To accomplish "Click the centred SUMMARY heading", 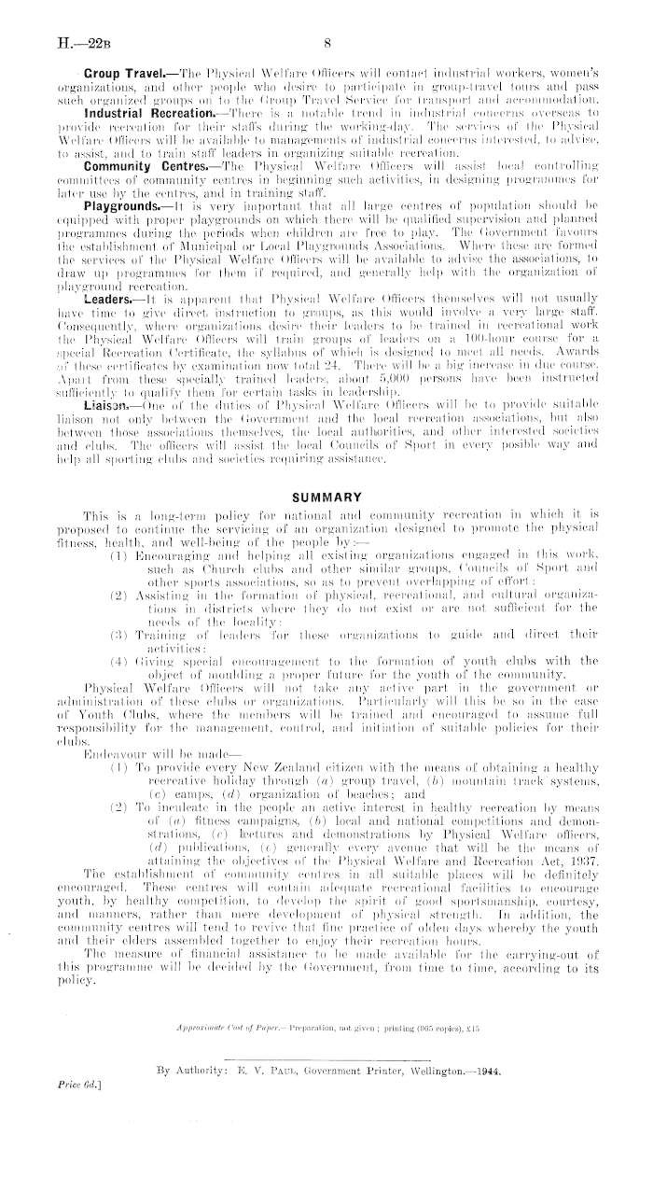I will pos(326,498).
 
